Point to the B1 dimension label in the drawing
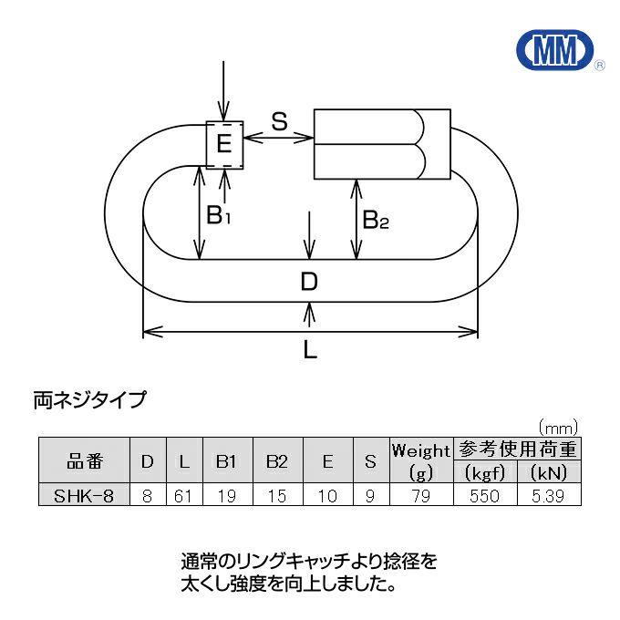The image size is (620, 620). click(219, 216)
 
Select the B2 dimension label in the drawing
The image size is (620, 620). click(376, 220)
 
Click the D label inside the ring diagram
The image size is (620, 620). click(310, 283)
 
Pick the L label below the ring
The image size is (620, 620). click(310, 351)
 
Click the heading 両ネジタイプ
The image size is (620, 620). click(88, 398)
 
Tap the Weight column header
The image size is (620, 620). click(420, 451)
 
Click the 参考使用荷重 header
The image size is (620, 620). click(517, 449)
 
